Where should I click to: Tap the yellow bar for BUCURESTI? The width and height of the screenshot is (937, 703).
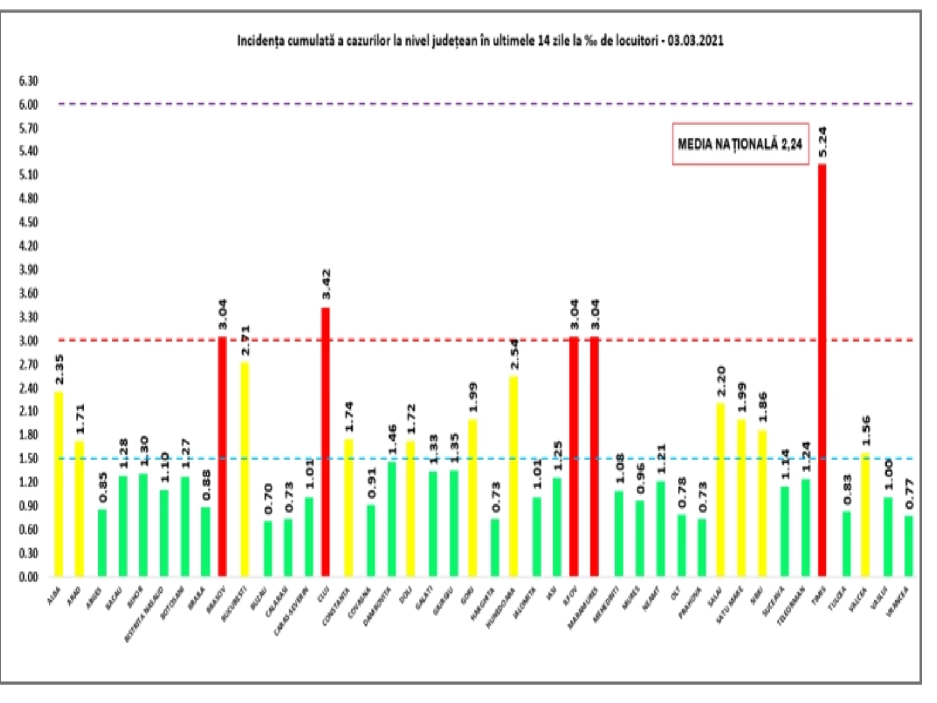tap(245, 469)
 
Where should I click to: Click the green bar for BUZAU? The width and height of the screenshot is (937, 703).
tap(268, 548)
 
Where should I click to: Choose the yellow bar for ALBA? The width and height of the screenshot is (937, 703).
tap(59, 484)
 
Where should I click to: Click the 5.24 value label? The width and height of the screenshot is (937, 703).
tap(823, 141)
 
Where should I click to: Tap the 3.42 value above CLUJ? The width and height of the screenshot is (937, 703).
tap(326, 284)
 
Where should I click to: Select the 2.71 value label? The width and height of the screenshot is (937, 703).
tap(245, 340)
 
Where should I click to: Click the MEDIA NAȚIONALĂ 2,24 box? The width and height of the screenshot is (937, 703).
tap(740, 144)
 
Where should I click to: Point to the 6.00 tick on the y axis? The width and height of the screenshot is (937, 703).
tap(28, 104)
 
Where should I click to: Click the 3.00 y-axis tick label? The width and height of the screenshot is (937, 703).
tap(28, 340)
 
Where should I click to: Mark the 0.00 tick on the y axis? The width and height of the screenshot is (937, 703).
tap(28, 577)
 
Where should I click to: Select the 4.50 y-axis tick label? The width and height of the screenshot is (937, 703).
tap(28, 222)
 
